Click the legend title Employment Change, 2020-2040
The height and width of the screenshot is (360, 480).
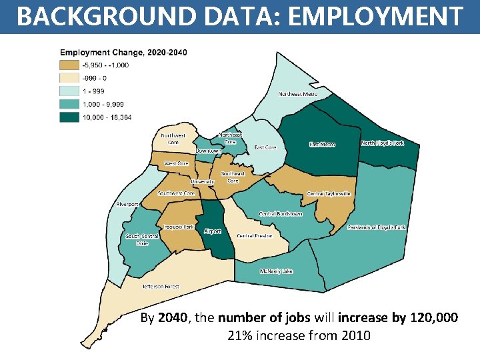(x=124, y=52)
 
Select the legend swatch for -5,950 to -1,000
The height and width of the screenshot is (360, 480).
(x=69, y=65)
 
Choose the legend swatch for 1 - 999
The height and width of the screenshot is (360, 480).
(x=69, y=91)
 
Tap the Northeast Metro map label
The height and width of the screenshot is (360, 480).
(x=297, y=94)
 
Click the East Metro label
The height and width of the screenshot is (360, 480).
(x=322, y=145)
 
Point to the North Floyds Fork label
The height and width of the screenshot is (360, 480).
(x=382, y=143)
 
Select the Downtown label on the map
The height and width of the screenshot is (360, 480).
(x=208, y=151)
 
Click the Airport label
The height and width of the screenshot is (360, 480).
(x=213, y=231)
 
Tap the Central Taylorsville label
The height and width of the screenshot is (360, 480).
(x=328, y=194)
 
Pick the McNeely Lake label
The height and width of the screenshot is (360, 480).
(x=276, y=271)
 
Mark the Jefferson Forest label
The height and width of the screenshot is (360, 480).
(x=160, y=287)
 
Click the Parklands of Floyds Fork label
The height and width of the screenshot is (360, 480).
(x=376, y=227)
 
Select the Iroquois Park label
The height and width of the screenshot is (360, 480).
(x=179, y=227)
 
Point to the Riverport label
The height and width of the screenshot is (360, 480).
(x=127, y=204)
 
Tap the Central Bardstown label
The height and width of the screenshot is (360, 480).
(x=281, y=214)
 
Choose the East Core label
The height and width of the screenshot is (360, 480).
(x=265, y=147)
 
